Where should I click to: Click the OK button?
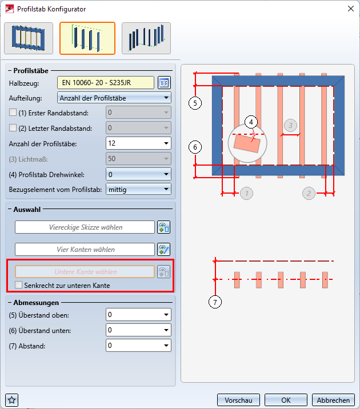[x=286, y=400]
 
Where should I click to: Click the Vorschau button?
[x=238, y=400]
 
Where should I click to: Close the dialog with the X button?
[x=351, y=9]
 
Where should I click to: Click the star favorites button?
[x=12, y=400]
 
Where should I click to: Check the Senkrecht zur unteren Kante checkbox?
[x=18, y=285]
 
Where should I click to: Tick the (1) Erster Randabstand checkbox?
[x=13, y=113]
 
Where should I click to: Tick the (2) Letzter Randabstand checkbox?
[x=13, y=128]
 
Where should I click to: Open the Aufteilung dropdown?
[x=114, y=98]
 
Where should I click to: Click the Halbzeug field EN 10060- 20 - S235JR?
[x=105, y=83]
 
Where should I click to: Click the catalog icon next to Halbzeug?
[x=164, y=83]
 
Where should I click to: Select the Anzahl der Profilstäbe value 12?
[x=138, y=143]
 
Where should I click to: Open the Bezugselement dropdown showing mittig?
[x=138, y=190]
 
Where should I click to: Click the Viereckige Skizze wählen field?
[x=85, y=227]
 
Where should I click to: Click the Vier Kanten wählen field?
[x=85, y=250]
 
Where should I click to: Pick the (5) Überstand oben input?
[x=138, y=315]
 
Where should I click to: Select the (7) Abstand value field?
[x=138, y=346]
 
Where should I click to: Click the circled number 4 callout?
[x=251, y=122]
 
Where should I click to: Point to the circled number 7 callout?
[x=215, y=302]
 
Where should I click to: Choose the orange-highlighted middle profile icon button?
[x=87, y=38]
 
